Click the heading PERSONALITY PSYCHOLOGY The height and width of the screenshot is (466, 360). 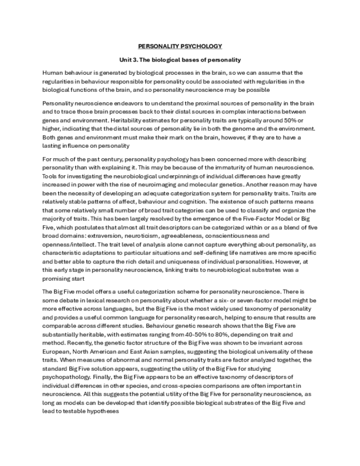pyautogui.click(x=180, y=46)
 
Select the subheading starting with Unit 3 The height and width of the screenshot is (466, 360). pyautogui.click(x=180, y=59)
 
